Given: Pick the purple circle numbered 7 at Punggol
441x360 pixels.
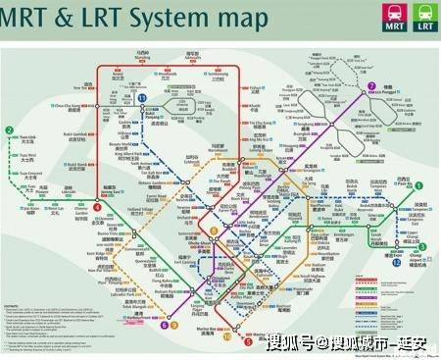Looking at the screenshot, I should pos(371,86).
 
